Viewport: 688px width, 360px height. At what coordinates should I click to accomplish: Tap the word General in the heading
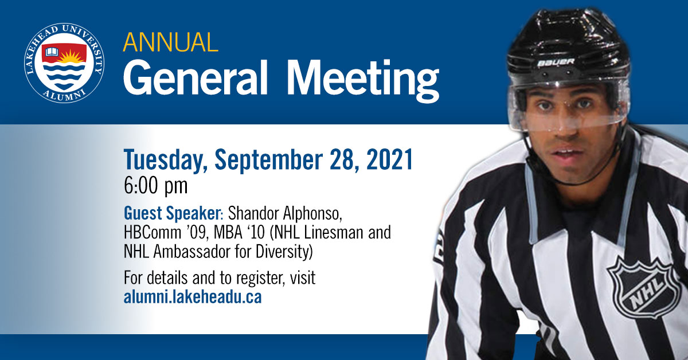(x=196, y=78)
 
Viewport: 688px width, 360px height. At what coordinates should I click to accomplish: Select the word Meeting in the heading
(x=363, y=80)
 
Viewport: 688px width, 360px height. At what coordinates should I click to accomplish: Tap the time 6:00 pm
(x=156, y=186)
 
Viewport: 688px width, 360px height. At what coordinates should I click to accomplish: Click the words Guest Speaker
(x=172, y=213)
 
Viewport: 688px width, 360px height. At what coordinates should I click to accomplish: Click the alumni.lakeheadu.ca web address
(x=193, y=296)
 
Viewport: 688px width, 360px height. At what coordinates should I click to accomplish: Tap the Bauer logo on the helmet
(x=556, y=62)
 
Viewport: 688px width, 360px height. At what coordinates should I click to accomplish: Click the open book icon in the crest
(x=52, y=52)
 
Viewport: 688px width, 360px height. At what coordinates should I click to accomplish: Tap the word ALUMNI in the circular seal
(x=64, y=95)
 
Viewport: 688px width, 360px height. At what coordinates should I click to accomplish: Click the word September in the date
(x=268, y=160)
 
